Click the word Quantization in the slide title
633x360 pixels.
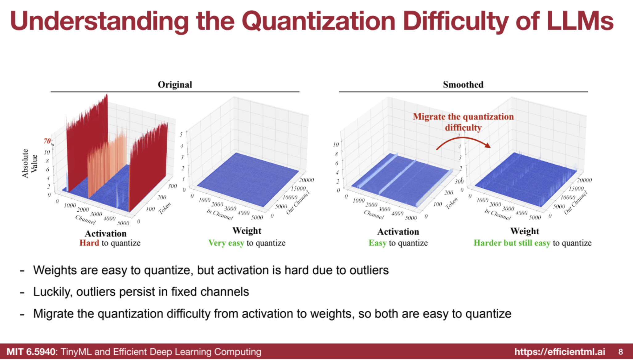tap(319, 21)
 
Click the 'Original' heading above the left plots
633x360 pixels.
tap(175, 84)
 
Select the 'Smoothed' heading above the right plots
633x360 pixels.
tap(463, 84)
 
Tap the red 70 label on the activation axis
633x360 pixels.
tap(47, 141)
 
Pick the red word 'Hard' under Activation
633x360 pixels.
tap(89, 243)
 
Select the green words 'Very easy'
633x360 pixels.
tap(226, 243)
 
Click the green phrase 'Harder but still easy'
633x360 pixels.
tap(512, 243)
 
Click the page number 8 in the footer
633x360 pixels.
tap(620, 352)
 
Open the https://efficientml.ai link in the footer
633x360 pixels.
tap(560, 352)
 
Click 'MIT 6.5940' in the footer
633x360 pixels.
tap(31, 352)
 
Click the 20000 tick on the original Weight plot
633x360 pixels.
tap(306, 180)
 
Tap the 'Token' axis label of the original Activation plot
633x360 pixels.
tap(165, 208)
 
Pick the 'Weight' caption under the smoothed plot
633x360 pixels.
tap(525, 231)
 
